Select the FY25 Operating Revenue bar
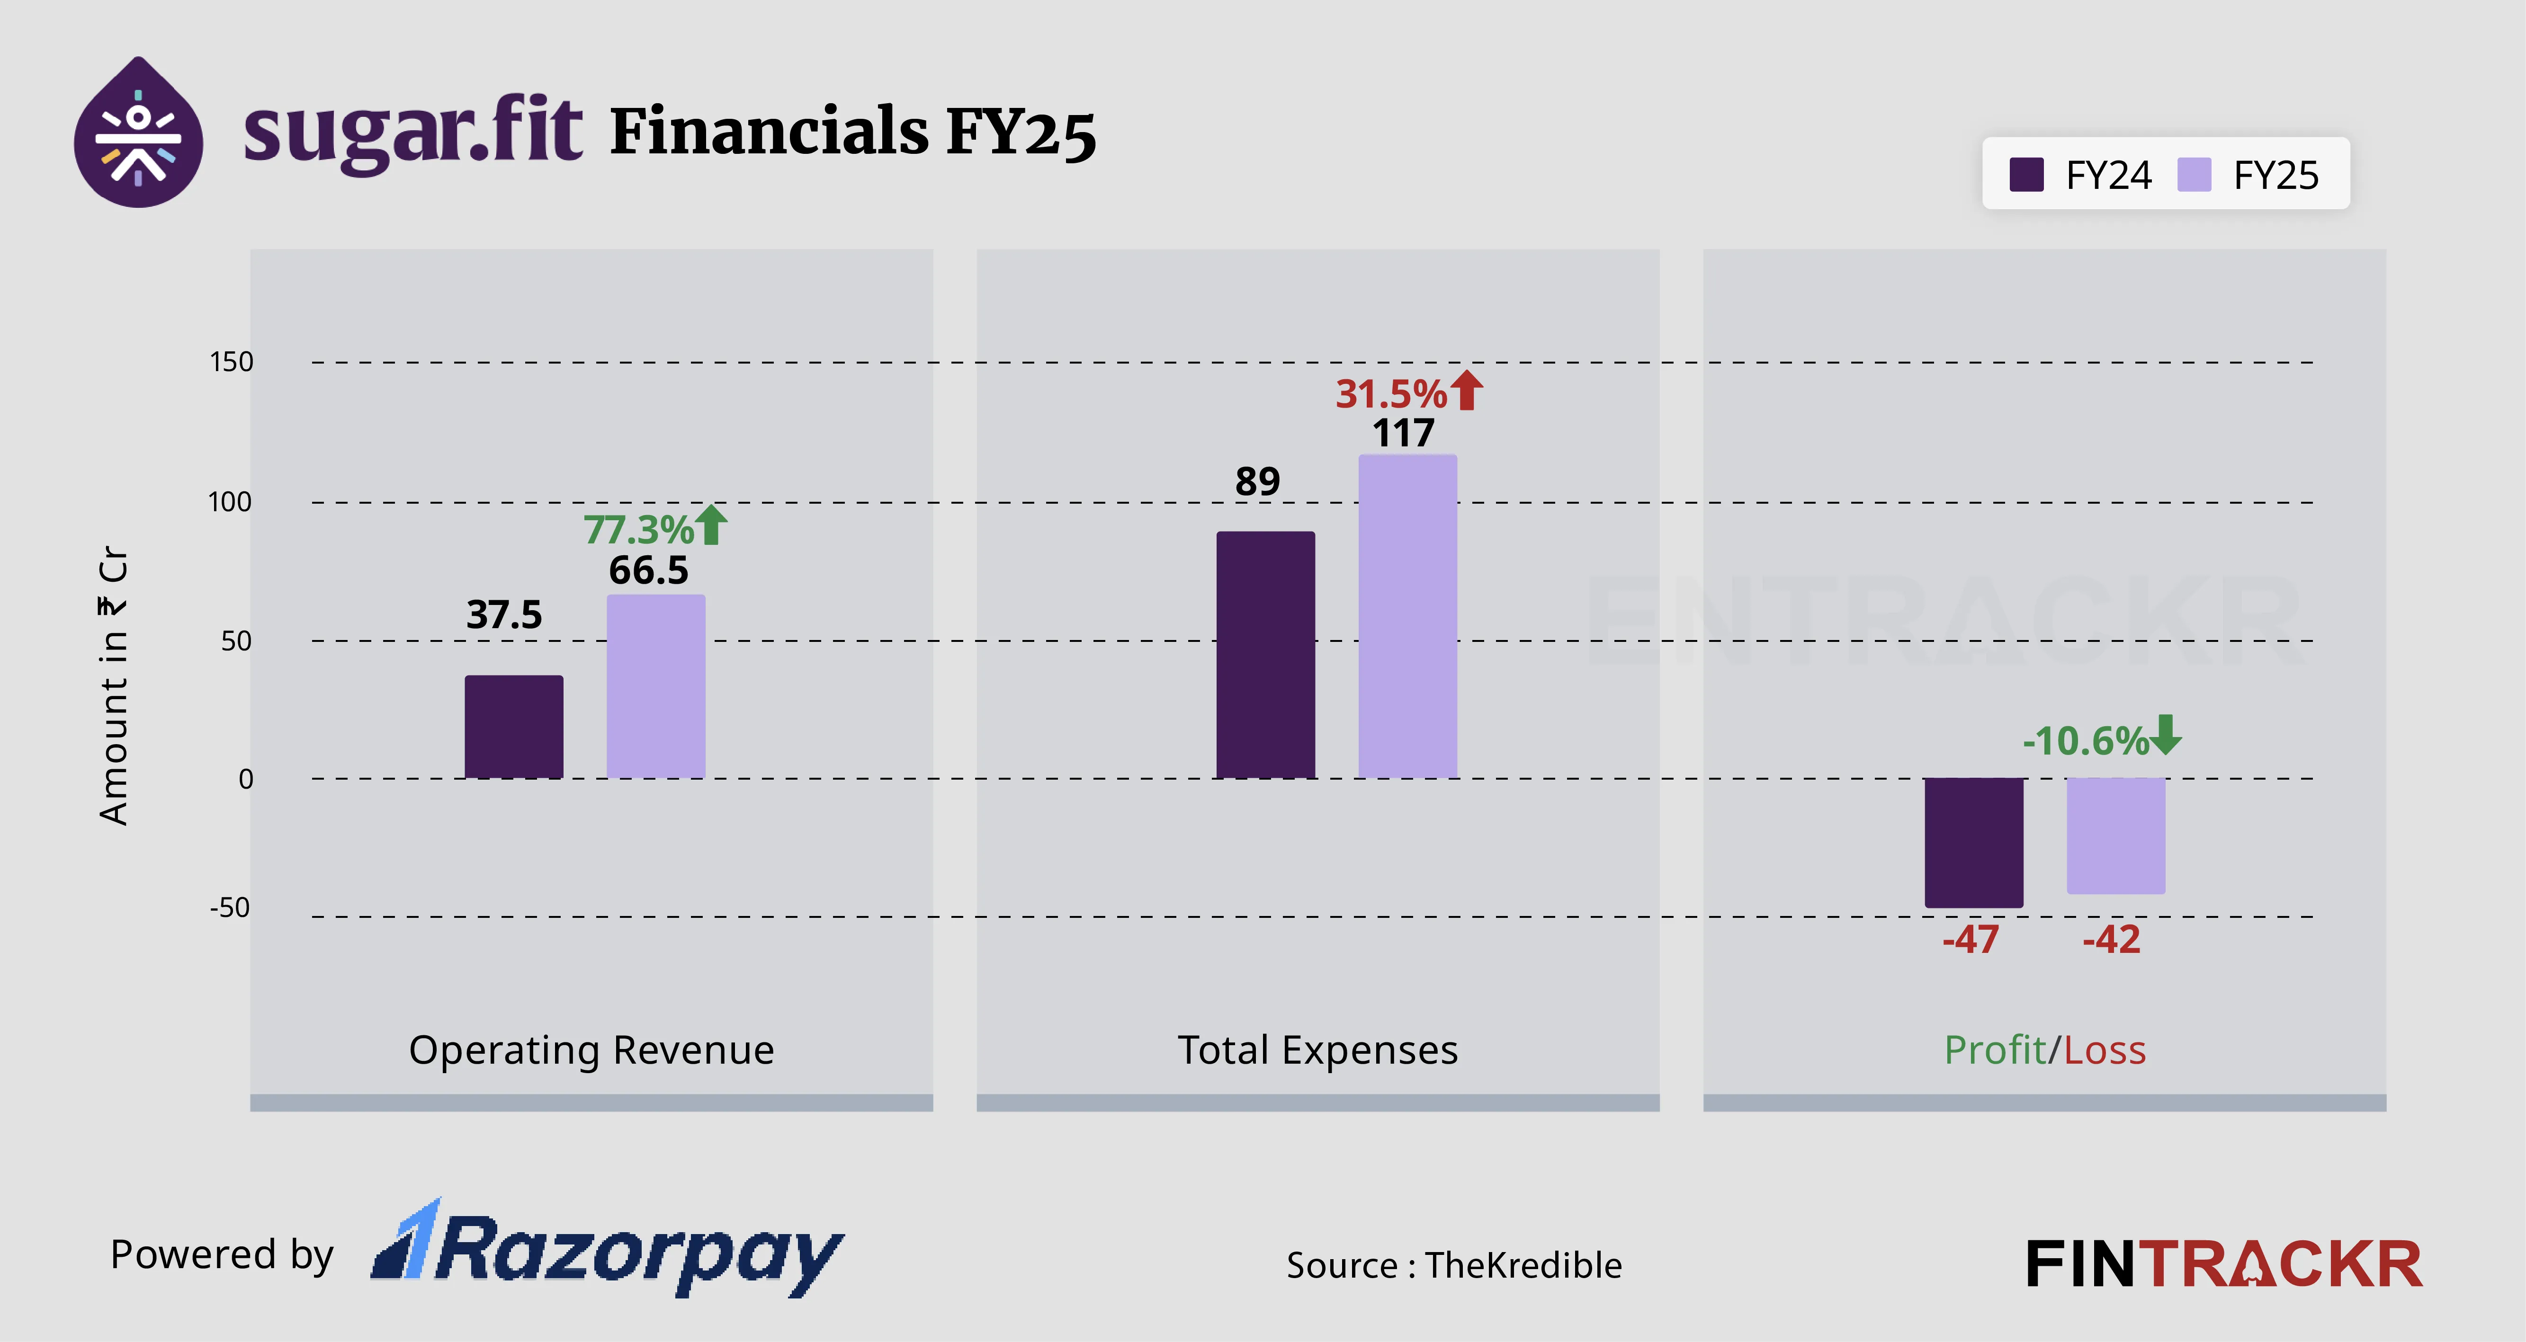coord(655,686)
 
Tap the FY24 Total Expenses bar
coord(1265,655)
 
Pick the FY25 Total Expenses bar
coord(1407,615)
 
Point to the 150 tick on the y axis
coord(232,362)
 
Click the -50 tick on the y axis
coord(230,908)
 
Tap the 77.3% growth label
coord(638,529)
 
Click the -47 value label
coord(1970,939)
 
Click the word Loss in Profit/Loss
coord(2105,1050)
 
